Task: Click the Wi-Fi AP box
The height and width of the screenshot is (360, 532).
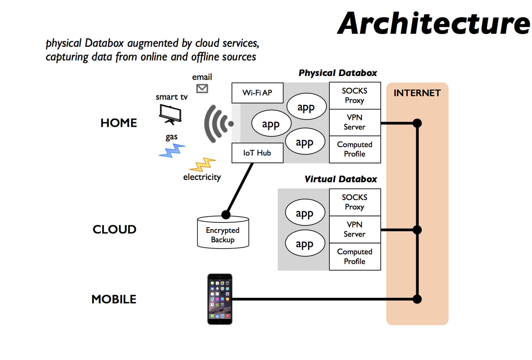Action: (257, 93)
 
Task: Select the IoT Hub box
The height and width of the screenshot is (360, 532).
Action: (257, 153)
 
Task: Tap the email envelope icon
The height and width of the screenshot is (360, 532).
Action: (202, 89)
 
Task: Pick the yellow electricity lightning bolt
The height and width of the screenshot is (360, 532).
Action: (203, 164)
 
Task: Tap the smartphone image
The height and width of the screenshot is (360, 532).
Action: (220, 299)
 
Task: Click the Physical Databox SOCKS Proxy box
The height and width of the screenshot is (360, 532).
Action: (355, 96)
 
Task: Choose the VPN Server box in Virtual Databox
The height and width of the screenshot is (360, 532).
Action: (355, 229)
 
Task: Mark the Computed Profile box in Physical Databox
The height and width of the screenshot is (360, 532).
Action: (355, 149)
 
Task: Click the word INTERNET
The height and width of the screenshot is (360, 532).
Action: (417, 93)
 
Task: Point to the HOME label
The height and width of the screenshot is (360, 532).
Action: (119, 123)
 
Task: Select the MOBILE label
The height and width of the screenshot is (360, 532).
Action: (114, 299)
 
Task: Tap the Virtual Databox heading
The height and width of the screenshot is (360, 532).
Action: (341, 179)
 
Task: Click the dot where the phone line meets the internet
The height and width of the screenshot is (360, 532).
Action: (417, 299)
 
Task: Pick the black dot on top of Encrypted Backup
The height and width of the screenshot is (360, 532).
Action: (226, 214)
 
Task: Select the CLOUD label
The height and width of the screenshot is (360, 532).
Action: (114, 229)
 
